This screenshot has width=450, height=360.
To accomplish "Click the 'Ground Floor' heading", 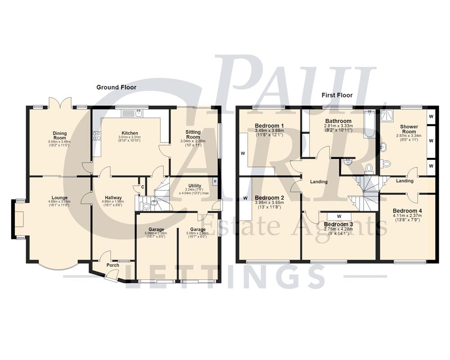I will click(x=116, y=87).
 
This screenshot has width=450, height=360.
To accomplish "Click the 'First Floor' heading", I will click(x=337, y=95).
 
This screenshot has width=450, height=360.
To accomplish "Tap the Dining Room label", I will click(x=59, y=135).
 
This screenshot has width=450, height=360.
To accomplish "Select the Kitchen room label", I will click(x=130, y=133).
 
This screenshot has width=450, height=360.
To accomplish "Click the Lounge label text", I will click(x=59, y=198).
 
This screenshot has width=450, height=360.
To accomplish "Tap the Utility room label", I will click(x=195, y=185).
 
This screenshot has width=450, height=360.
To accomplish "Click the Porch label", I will click(x=113, y=265).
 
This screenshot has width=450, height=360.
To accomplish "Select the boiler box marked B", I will click(x=215, y=182).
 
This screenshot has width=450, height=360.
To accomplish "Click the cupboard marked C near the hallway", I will click(x=142, y=187).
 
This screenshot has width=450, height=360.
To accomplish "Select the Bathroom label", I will click(x=338, y=121).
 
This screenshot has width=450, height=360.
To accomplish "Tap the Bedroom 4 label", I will click(x=407, y=211).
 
